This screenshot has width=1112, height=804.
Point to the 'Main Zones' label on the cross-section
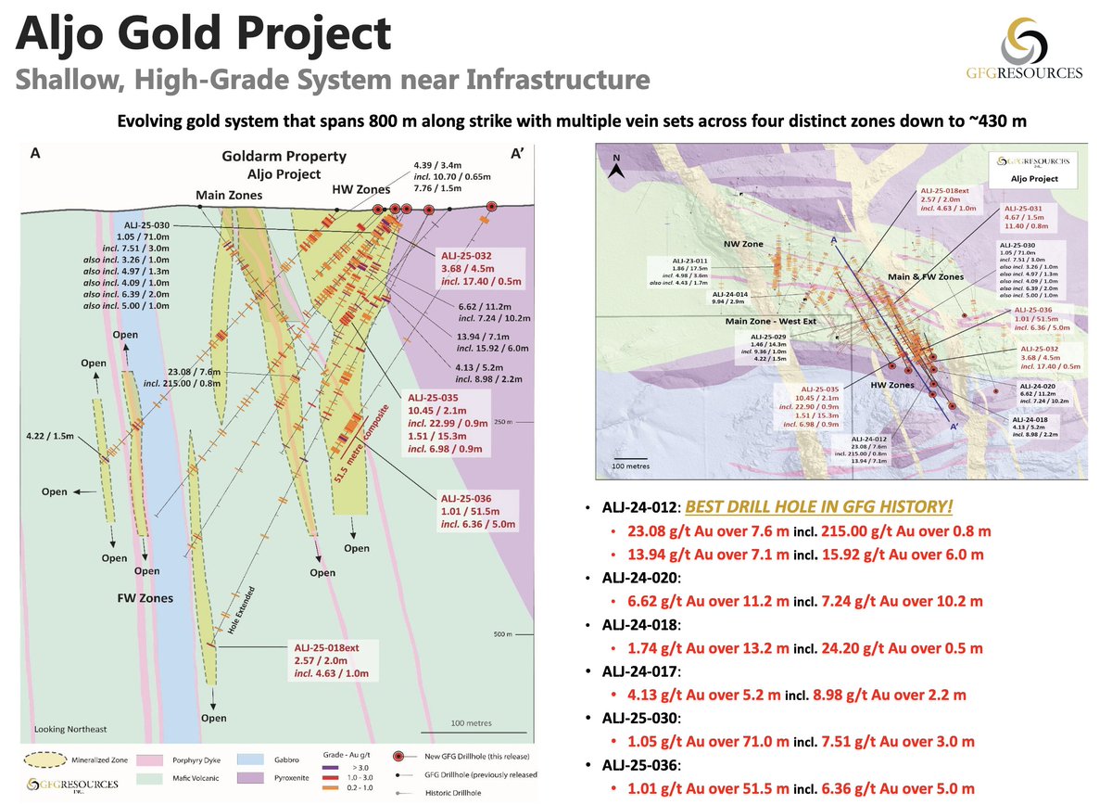point(227,195)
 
